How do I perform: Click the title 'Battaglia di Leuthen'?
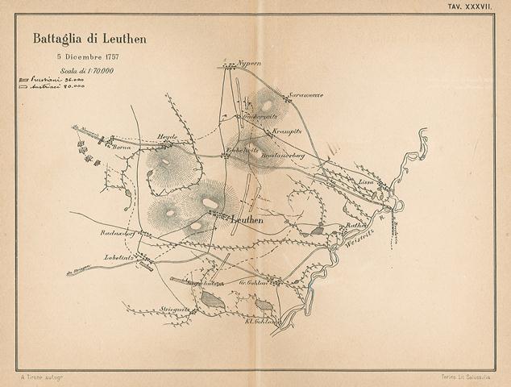coord(89,38)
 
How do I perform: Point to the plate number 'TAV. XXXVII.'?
coord(472,6)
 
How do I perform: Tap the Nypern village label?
coord(251,63)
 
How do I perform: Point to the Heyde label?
coord(167,137)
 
